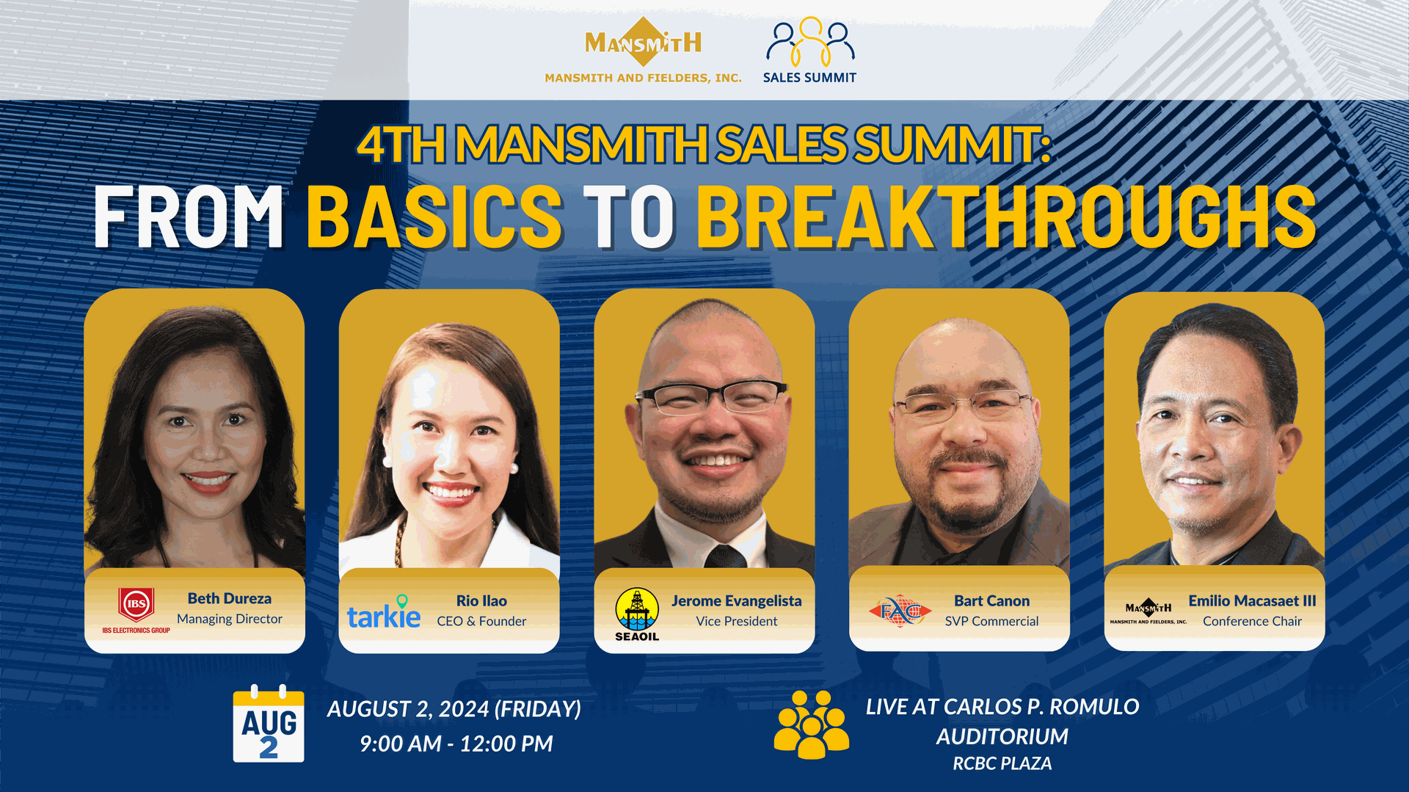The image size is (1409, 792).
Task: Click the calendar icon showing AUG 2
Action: coord(269,725)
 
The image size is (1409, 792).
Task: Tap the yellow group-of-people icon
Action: coord(811,724)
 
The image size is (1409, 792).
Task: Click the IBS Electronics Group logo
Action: coord(136,610)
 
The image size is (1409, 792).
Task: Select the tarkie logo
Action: coord(384,614)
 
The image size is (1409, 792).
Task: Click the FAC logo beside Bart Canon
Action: coord(900,611)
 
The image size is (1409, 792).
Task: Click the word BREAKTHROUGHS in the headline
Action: coord(1006,217)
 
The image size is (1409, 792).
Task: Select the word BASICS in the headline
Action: coord(434,217)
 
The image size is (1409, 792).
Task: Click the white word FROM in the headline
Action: coord(189,217)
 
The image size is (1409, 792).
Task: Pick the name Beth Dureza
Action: coord(230,598)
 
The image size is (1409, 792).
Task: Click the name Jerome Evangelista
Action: coord(736,600)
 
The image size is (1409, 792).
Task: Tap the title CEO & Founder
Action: coord(481,621)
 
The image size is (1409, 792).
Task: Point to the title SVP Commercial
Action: coord(991,621)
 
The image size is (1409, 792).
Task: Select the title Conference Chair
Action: coord(1252,621)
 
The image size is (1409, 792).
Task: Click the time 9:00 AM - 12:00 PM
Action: coord(456,744)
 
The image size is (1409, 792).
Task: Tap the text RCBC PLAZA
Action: coord(1002,763)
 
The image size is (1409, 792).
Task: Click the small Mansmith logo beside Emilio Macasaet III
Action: coord(1148,611)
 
